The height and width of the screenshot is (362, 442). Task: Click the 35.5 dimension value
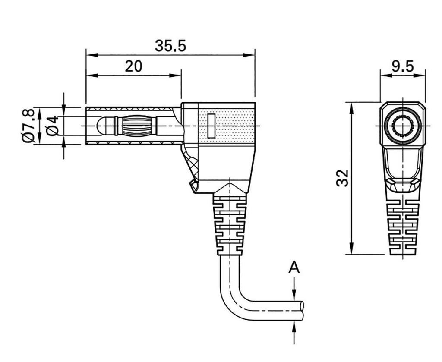170,46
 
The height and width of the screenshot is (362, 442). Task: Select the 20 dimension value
133,66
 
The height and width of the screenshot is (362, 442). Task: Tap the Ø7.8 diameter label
28,126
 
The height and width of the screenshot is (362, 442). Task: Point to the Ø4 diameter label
52,126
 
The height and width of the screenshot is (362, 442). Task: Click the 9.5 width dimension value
402,66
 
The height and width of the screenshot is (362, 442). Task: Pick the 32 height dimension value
342,178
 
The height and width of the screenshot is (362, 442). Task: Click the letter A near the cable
294,268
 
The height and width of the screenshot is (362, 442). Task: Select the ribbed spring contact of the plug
137,126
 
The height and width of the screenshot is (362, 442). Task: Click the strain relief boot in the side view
230,224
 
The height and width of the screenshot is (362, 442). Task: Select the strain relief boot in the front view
402,227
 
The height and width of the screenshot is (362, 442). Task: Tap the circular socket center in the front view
402,126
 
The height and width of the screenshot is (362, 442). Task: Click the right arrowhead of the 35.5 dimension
250,55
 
